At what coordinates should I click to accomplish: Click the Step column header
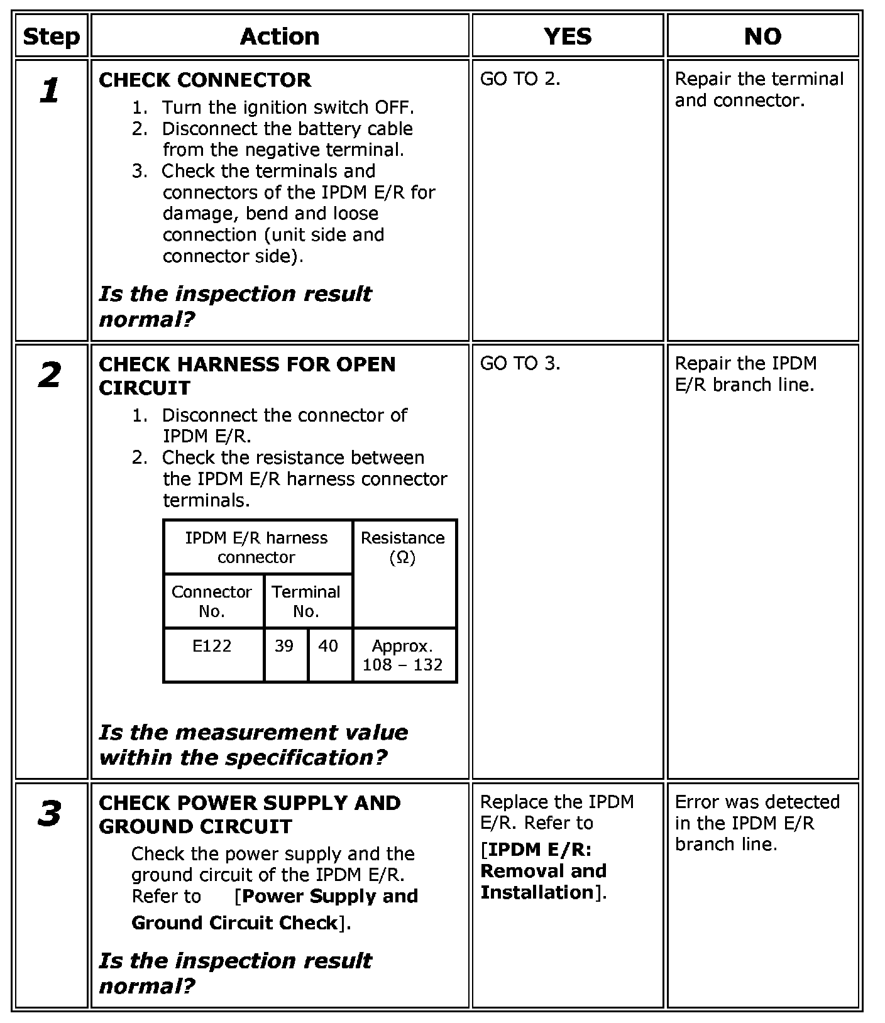[x=51, y=36]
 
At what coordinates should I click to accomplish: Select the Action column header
[x=280, y=36]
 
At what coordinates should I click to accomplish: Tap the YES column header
[x=568, y=36]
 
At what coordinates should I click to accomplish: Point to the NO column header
[x=762, y=36]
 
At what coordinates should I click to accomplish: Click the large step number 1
[x=50, y=91]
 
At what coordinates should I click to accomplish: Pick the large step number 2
[x=50, y=376]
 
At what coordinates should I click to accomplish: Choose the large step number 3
[x=50, y=814]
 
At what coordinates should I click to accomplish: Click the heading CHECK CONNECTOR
[x=205, y=80]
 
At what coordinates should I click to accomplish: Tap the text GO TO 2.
[x=520, y=79]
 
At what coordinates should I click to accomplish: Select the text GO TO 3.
[x=520, y=363]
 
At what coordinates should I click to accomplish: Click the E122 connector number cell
[x=212, y=646]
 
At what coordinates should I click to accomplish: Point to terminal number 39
[x=284, y=646]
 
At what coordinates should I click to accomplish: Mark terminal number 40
[x=328, y=646]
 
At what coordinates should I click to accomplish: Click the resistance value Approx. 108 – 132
[x=402, y=655]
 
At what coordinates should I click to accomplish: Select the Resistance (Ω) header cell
[x=402, y=547]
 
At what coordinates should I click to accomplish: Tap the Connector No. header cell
[x=212, y=601]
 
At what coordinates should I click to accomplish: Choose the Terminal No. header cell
[x=306, y=601]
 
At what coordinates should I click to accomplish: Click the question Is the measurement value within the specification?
[x=253, y=745]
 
